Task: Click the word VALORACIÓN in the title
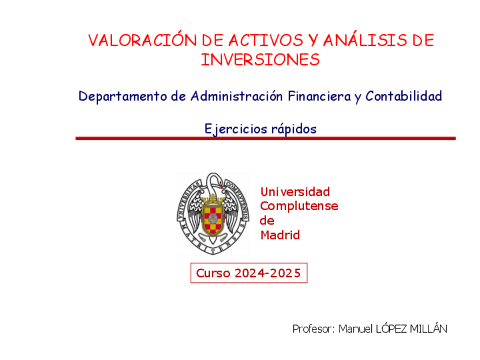[142, 40]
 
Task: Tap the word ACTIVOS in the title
[265, 40]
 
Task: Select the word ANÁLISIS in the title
[365, 40]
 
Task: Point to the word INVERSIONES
[260, 59]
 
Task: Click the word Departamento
[123, 96]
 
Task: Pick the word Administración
[237, 96]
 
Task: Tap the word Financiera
[319, 96]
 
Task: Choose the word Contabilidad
[404, 96]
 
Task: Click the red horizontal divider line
[265, 138]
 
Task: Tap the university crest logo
[213, 213]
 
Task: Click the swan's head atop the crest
[216, 178]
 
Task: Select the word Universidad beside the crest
[295, 192]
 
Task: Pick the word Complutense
[299, 206]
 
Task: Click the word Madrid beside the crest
[280, 235]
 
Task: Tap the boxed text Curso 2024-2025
[248, 273]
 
